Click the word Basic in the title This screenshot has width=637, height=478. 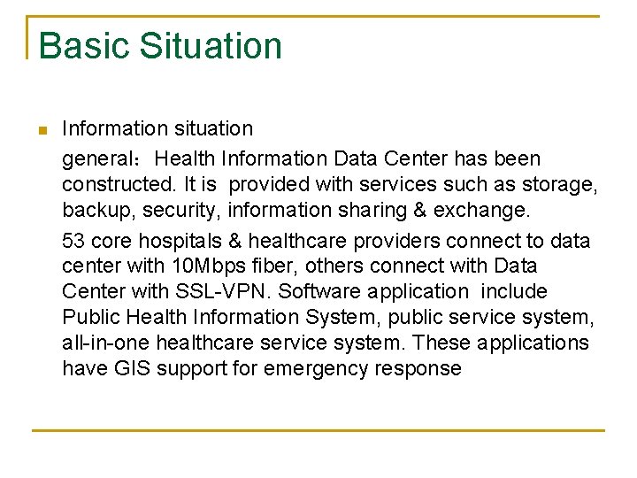click(82, 46)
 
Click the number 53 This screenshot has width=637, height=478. click(73, 241)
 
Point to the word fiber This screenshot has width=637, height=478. click(271, 266)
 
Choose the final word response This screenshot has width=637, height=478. click(421, 368)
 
